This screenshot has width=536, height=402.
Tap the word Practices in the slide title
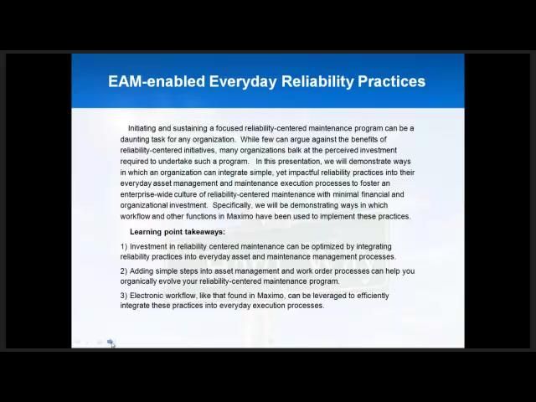[392, 81]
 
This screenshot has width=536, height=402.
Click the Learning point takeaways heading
[178, 232]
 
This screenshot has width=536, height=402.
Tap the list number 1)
[124, 246]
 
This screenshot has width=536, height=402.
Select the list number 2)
[124, 271]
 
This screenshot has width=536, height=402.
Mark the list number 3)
[124, 296]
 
